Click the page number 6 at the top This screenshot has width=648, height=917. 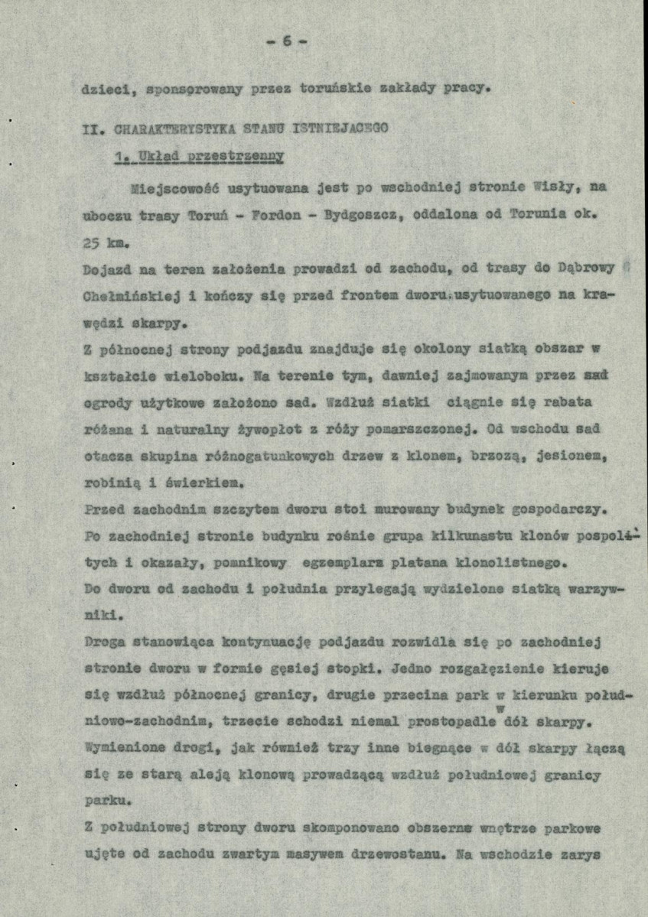287,41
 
